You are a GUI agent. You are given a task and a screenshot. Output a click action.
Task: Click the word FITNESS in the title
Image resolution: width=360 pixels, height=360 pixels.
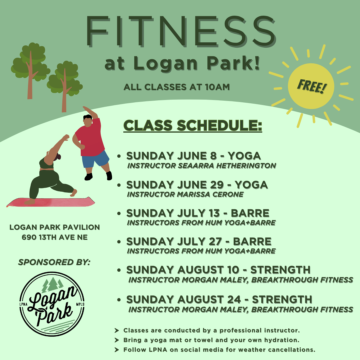181,31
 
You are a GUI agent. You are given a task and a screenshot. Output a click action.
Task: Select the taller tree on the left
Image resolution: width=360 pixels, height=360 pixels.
30,70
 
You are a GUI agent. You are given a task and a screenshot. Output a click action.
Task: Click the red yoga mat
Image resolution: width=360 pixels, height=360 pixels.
51,202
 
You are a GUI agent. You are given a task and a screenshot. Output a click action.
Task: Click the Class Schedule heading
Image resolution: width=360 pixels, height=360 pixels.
193,126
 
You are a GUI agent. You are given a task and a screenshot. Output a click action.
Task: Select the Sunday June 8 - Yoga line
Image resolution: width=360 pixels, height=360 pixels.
194,156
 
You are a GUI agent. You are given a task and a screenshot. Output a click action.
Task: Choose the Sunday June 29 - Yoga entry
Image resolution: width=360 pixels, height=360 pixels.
197,185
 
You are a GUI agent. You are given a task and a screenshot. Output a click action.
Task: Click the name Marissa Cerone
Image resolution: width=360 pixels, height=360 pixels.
210,194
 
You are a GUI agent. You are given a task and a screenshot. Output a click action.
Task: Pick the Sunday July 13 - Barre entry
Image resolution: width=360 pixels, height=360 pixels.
198,213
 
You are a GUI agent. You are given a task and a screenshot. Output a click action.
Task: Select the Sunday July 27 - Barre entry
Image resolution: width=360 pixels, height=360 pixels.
199,242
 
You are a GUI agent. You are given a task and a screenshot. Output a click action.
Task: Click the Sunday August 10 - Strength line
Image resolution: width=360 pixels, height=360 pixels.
218,270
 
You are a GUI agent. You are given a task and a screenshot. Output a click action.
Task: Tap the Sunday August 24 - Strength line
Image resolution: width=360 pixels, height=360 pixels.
219,300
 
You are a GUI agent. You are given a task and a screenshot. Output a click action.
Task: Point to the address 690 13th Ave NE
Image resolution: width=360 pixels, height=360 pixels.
55,237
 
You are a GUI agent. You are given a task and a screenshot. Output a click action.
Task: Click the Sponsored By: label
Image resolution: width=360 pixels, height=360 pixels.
54,262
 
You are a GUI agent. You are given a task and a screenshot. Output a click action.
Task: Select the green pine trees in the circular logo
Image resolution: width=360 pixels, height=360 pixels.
53,284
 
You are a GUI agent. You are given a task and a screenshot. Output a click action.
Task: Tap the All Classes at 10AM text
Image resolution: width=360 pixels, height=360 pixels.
177,87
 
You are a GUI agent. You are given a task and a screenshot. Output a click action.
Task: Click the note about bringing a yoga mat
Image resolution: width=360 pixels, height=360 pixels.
211,340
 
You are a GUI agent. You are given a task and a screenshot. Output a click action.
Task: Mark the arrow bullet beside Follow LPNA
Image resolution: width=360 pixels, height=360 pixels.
117,350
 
